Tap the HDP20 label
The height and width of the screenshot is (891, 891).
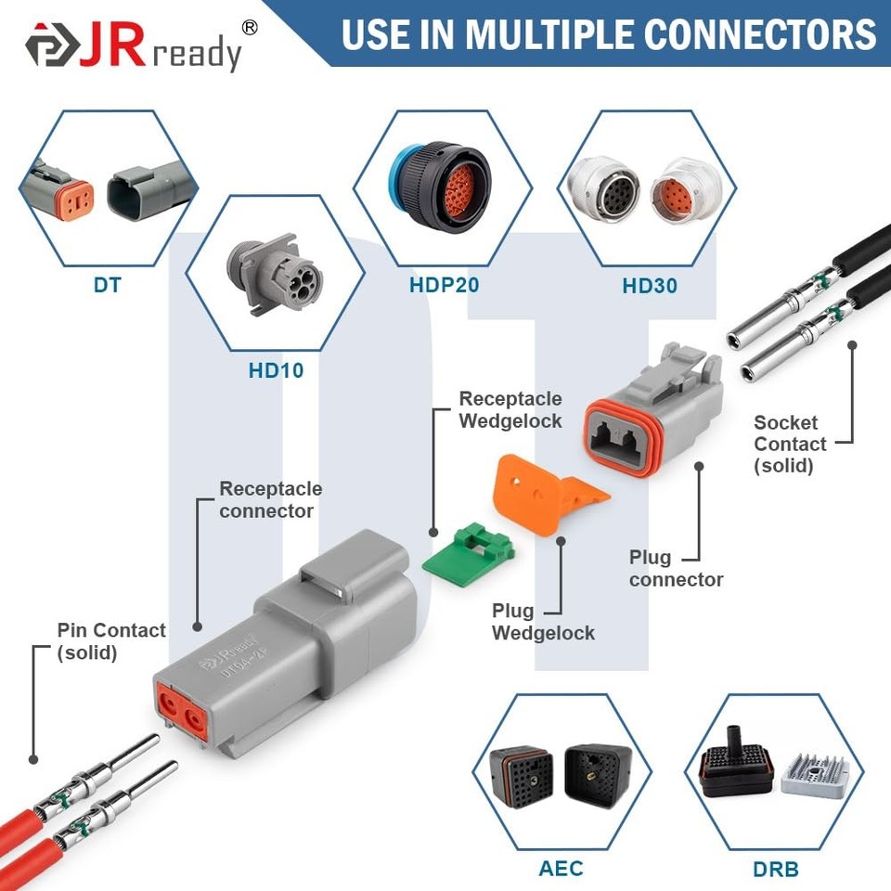tap(444, 284)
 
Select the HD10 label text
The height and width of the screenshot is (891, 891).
tap(276, 370)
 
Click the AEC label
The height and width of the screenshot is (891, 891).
tap(561, 869)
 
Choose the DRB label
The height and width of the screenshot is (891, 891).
tap(775, 870)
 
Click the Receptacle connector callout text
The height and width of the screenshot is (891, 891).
tap(270, 499)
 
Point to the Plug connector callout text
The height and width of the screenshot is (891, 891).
tap(676, 569)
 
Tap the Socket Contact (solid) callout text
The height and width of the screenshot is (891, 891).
tap(790, 444)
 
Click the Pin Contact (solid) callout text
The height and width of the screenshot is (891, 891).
tap(110, 640)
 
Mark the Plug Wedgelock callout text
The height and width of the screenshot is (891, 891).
tap(542, 622)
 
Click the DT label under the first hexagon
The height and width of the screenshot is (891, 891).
tap(107, 285)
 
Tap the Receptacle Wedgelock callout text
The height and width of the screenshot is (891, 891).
tap(510, 409)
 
